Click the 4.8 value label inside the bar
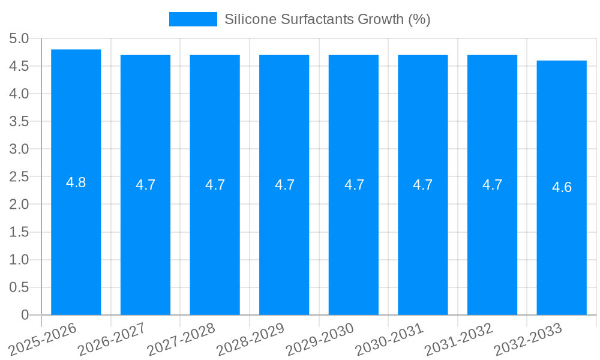coord(76,182)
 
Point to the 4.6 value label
coord(562,187)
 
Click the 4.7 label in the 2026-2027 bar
coord(145,185)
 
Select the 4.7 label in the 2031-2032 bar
coord(492,185)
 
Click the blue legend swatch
coord(193,19)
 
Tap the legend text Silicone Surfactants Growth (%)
coord(327,19)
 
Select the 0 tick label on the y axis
coord(25,315)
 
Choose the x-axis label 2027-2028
coord(181,339)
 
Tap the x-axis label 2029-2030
coord(319,339)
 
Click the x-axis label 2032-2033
coord(527,339)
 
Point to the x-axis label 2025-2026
coord(42,339)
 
